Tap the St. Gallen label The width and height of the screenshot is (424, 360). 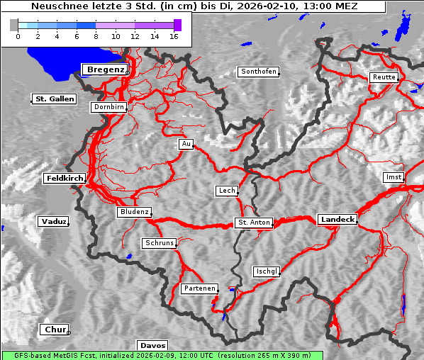(x=55, y=99)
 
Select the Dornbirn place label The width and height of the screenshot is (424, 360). (x=108, y=108)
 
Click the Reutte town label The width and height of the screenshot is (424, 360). (x=384, y=77)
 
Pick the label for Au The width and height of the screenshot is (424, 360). (x=186, y=145)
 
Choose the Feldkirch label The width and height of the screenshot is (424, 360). (x=65, y=179)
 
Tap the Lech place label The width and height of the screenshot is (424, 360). (x=226, y=191)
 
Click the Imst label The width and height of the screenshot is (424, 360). (x=392, y=176)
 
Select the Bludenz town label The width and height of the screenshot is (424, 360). (x=134, y=212)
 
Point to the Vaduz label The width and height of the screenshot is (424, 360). (x=53, y=222)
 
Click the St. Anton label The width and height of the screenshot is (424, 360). (x=254, y=223)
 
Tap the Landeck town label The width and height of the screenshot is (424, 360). (x=337, y=220)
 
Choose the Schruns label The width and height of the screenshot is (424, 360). (x=159, y=243)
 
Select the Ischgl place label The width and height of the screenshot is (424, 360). (x=267, y=271)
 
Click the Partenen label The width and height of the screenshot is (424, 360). (x=199, y=288)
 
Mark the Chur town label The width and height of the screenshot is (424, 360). (x=54, y=330)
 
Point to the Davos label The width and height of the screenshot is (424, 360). (x=152, y=346)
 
